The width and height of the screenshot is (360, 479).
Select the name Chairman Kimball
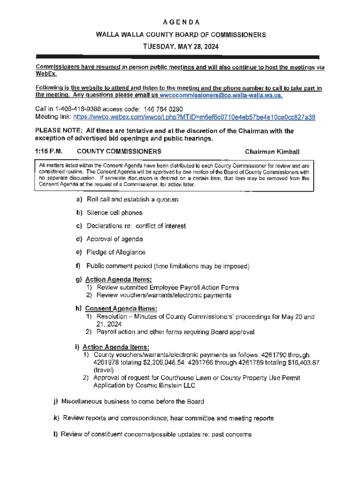coord(272,152)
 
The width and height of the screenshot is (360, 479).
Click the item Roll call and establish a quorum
coord(132,199)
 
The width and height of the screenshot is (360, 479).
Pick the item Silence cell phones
coord(115,213)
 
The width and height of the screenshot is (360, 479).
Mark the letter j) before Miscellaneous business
coord(55,401)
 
